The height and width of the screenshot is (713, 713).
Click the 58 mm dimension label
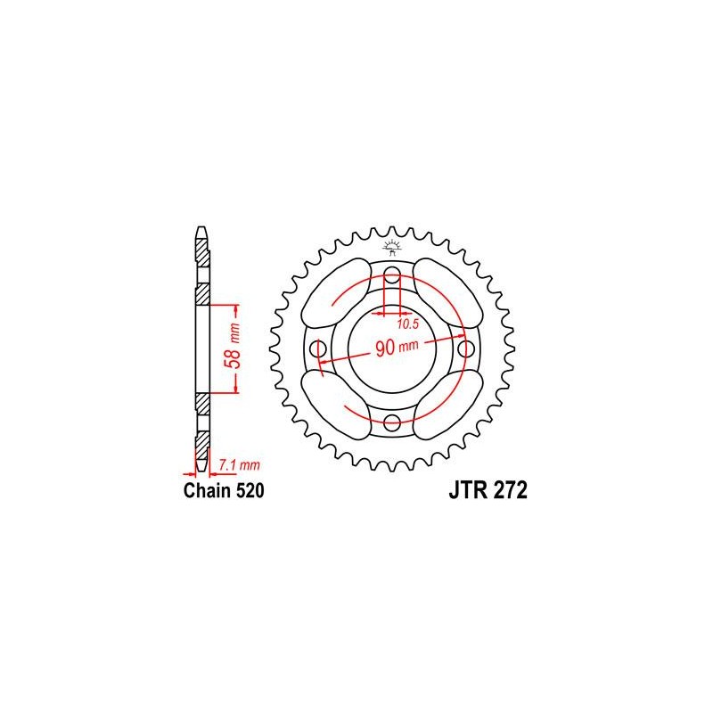coord(234,347)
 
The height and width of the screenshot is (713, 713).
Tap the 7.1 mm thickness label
coord(239,465)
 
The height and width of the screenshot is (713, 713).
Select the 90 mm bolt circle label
coord(397,348)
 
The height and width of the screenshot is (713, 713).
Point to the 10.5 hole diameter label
coord(407,324)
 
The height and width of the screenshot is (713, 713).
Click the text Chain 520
coord(224,491)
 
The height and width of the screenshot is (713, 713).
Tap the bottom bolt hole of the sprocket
coord(392,422)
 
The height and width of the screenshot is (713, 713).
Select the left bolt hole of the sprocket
coord(318,348)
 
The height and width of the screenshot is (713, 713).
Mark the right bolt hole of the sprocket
coord(466,348)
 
